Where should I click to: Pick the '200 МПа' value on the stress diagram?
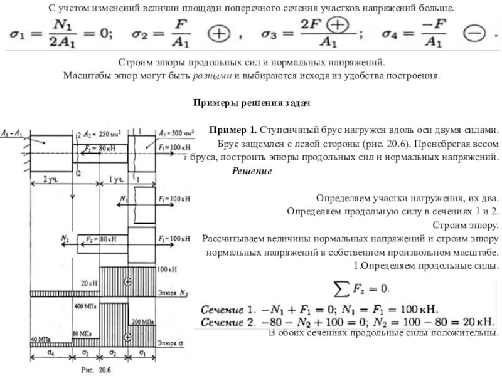pyautogui.click(x=144, y=321)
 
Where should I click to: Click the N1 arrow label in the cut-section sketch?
pyautogui.click(x=122, y=199)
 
